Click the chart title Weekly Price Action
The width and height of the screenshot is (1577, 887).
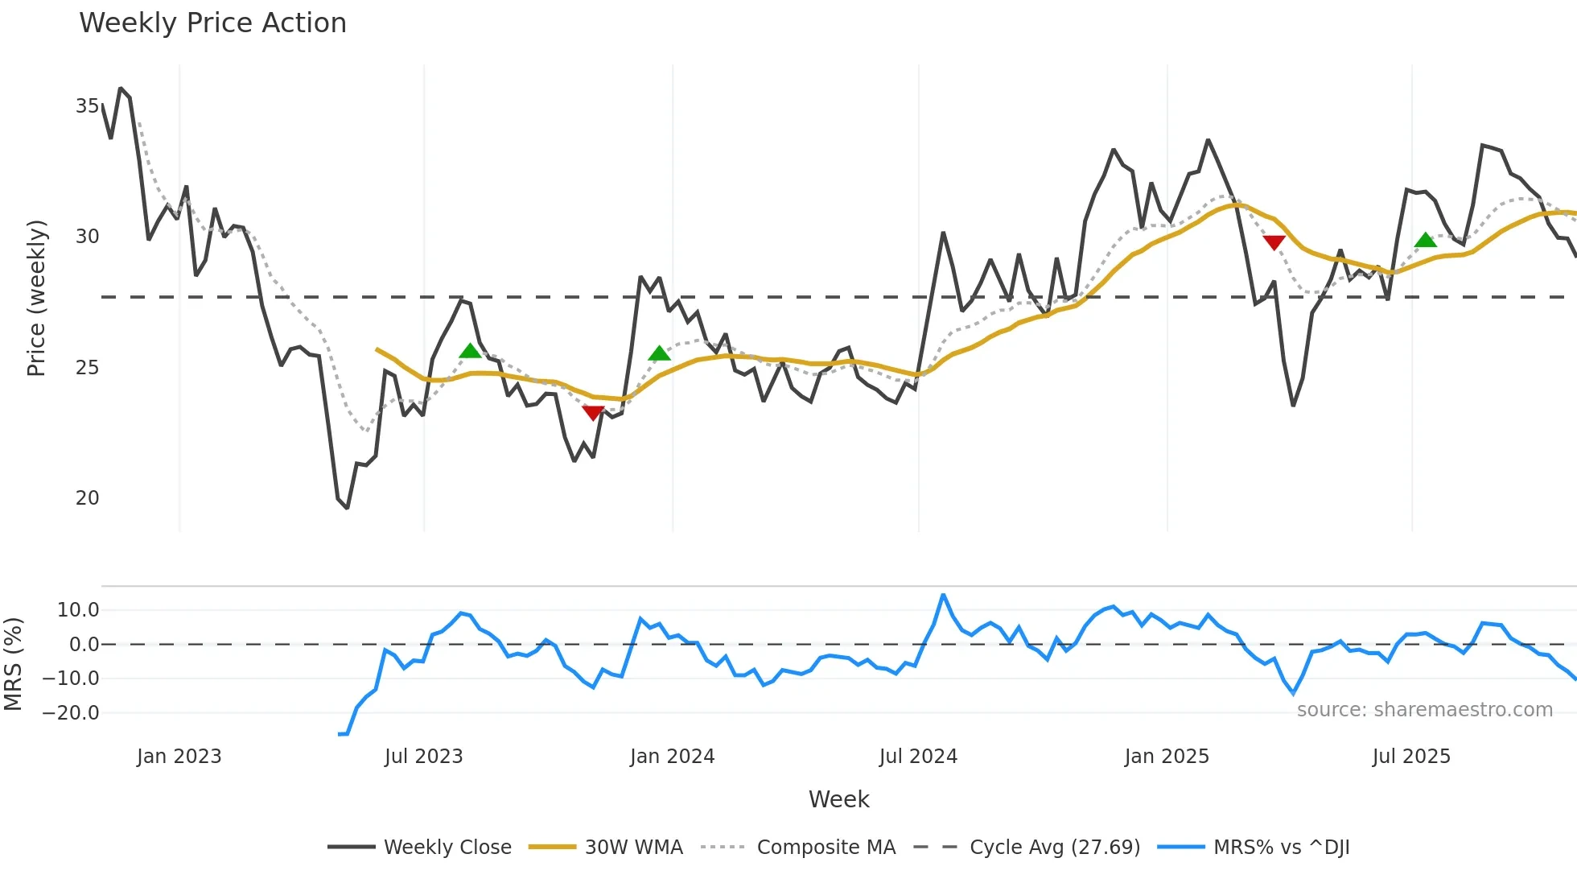click(x=212, y=23)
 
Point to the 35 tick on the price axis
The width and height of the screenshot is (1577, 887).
click(x=87, y=106)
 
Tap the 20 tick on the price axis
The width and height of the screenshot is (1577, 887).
click(x=87, y=498)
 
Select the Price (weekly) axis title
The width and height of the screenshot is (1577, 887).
click(x=36, y=298)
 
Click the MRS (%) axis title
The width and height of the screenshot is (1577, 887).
click(x=13, y=664)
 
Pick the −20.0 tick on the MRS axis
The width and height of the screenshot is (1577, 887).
click(x=71, y=713)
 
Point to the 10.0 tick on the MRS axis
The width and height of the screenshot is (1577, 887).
click(x=77, y=610)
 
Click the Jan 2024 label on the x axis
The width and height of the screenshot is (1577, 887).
click(x=672, y=757)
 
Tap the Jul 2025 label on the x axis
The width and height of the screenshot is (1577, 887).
click(x=1411, y=757)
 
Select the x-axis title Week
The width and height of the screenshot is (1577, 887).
click(x=838, y=799)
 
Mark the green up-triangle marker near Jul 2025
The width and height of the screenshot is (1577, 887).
click(x=1425, y=240)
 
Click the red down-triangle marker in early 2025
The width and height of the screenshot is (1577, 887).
click(x=1274, y=242)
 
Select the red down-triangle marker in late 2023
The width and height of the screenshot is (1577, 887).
click(x=593, y=413)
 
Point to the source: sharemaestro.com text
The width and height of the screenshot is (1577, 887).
click(x=1424, y=710)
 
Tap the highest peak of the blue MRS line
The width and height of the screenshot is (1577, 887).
click(x=943, y=596)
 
